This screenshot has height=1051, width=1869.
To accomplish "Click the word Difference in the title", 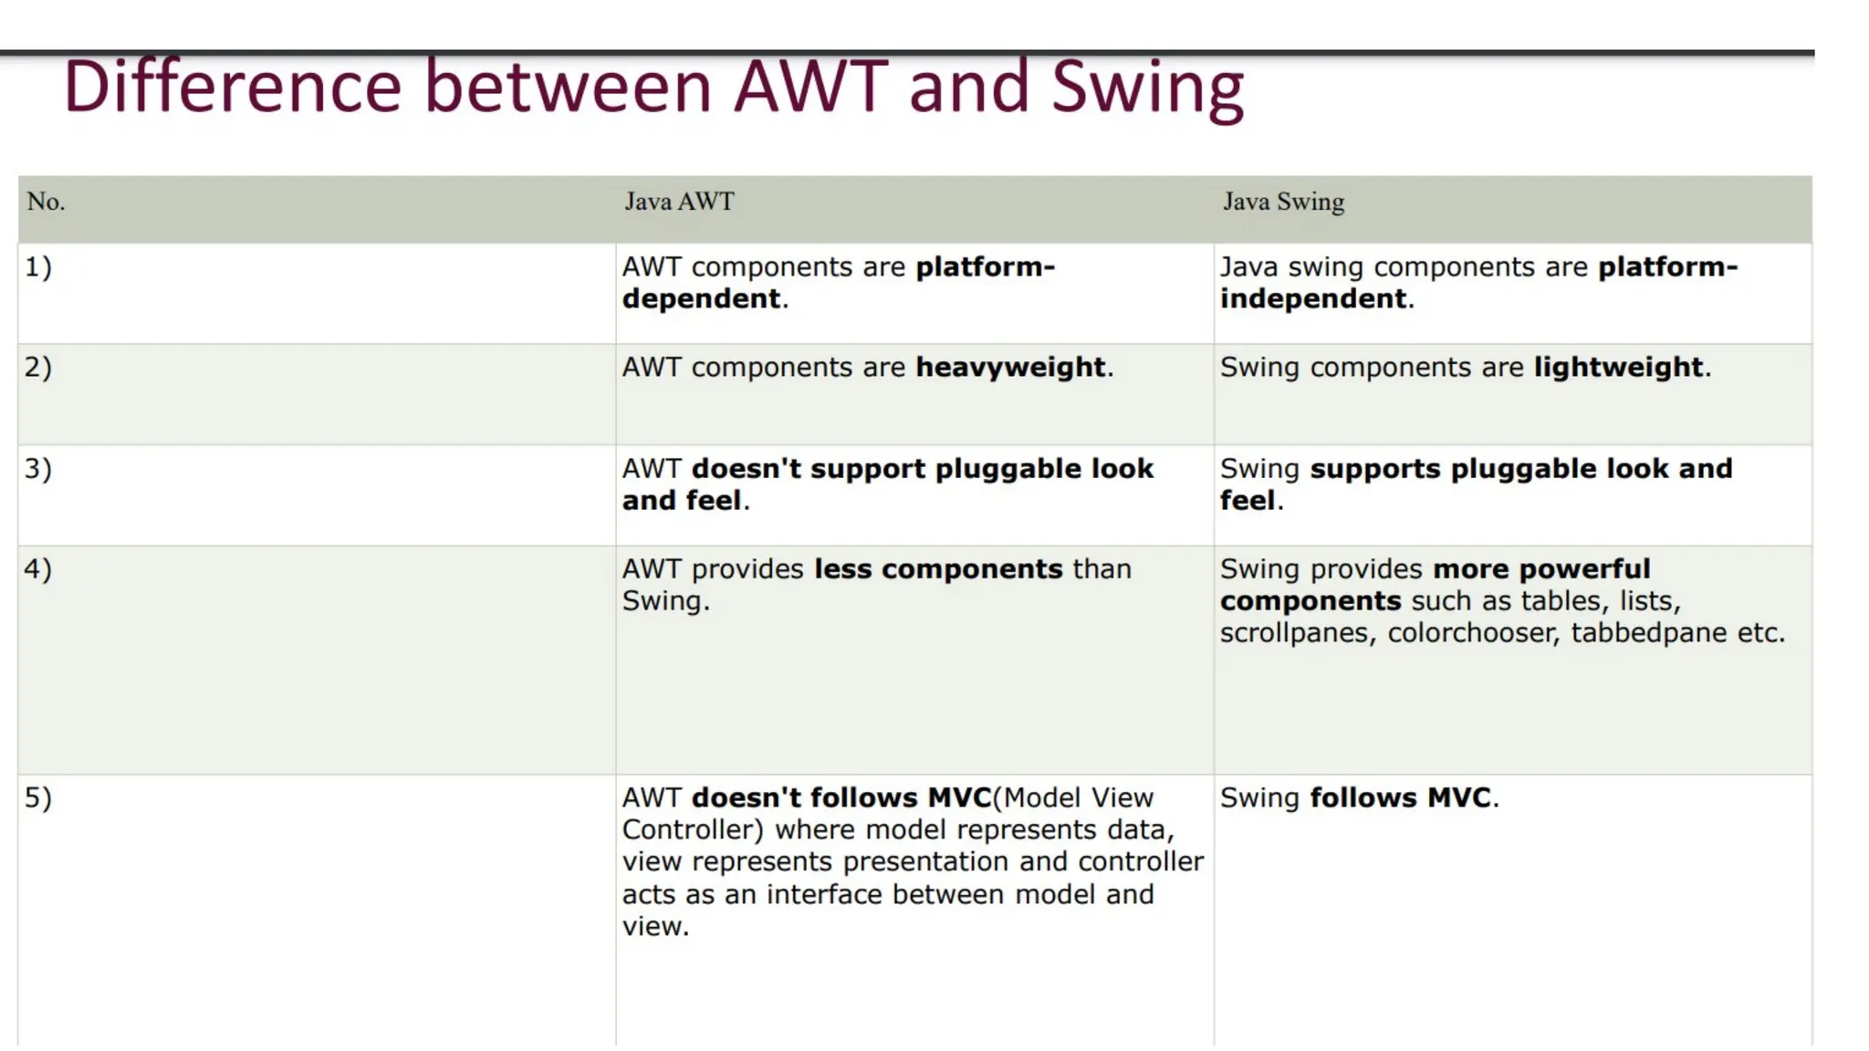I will coord(233,88).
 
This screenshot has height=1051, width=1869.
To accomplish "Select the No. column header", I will coord(46,202).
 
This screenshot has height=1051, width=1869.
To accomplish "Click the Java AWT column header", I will coord(679,202).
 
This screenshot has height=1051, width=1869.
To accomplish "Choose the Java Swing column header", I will coord(1283,202).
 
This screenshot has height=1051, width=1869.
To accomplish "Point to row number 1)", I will coord(38,267).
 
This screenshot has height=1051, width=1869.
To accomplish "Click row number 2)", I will coord(38,368).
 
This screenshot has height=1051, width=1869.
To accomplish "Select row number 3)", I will coord(38,469).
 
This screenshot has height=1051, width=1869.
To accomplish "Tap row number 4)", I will coord(38,569).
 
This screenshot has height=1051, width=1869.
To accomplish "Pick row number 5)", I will coord(38,798).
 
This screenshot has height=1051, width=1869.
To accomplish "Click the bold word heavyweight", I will coord(1010,368).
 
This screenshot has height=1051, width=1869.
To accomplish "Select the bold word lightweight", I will coord(1618,368).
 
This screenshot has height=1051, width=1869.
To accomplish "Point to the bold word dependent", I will coord(701,299).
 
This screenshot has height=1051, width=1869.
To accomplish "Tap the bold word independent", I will coord(1313,299).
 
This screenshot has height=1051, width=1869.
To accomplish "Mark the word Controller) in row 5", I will coord(693,830).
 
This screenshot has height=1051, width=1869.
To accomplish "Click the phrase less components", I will coord(938,569).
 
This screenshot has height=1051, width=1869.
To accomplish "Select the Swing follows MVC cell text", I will coord(1359,798).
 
